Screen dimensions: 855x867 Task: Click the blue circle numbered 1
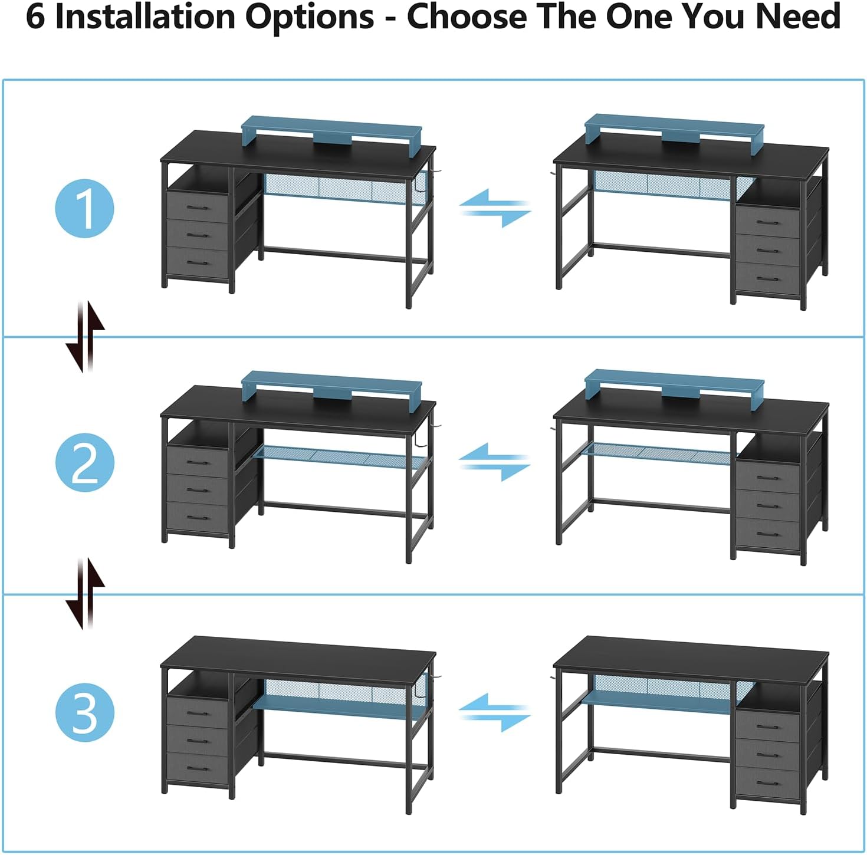pyautogui.click(x=84, y=209)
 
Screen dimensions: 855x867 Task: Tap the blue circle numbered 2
pyautogui.click(x=84, y=463)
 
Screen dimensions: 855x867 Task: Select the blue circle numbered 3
pyautogui.click(x=84, y=712)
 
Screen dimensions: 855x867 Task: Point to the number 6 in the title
pyautogui.click(x=35, y=17)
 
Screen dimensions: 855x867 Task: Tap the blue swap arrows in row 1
pyautogui.click(x=495, y=208)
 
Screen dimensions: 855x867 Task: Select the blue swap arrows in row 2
pyautogui.click(x=495, y=462)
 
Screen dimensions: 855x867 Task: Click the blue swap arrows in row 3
pyautogui.click(x=495, y=712)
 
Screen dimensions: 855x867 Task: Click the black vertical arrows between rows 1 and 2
pyautogui.click(x=85, y=337)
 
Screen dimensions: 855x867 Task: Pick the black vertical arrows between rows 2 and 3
pyautogui.click(x=85, y=594)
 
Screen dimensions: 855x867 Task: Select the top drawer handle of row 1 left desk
pyautogui.click(x=197, y=208)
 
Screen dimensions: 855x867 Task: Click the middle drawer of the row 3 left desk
pyautogui.click(x=197, y=740)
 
